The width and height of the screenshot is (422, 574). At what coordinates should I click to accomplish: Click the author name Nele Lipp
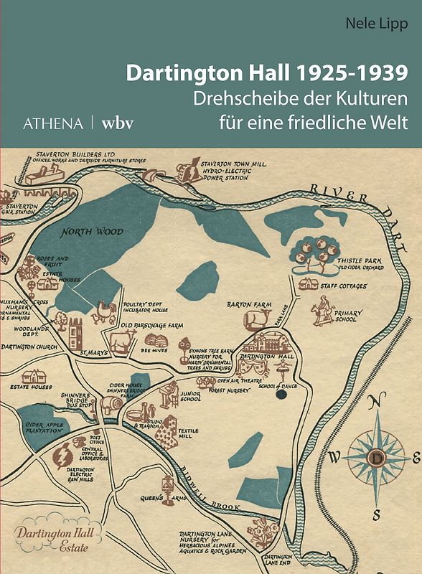click(375, 25)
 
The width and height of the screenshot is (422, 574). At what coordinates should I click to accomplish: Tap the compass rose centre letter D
click(376, 456)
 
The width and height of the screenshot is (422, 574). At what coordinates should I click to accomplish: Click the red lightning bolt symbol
click(64, 455)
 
